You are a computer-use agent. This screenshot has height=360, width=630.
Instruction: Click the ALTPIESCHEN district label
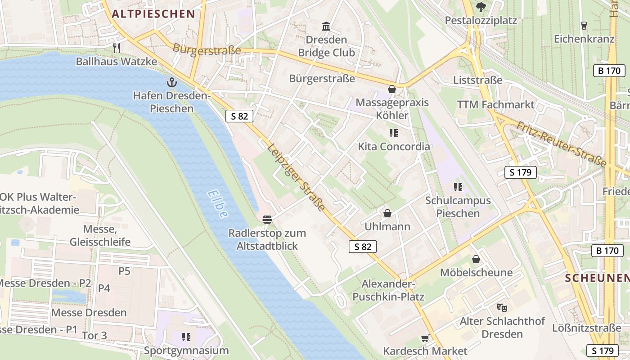coord(153,14)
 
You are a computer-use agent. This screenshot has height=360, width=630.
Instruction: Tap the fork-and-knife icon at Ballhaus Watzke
coord(117,47)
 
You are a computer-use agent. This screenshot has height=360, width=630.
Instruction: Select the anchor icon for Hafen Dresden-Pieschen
coord(171,82)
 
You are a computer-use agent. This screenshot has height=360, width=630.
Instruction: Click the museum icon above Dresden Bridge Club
coord(327,26)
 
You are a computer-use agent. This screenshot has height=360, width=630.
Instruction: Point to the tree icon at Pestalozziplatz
coord(481,7)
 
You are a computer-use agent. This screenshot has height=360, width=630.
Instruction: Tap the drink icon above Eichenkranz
coord(584,25)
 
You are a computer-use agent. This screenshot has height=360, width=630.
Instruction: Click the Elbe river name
coord(217,204)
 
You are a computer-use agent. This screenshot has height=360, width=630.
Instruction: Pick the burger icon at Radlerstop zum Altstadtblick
coord(267,220)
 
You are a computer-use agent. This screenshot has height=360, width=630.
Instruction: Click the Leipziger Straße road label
coord(296,177)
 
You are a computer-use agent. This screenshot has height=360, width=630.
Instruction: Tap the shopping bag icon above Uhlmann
coord(387,213)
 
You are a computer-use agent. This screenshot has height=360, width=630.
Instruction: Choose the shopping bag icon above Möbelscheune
coord(476,259)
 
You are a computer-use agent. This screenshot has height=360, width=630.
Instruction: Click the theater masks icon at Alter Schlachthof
coord(502,308)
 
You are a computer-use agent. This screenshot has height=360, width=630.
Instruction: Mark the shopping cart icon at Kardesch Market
coord(425,337)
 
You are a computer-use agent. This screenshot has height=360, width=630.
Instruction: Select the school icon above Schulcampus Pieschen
coord(458,187)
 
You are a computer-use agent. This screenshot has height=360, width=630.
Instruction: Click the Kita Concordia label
coord(394,147)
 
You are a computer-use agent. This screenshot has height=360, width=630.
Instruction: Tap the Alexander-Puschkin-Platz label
coord(388,290)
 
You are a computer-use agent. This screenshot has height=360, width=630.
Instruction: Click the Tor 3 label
coord(94,335)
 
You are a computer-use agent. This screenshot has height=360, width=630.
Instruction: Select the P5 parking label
coord(124,271)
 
